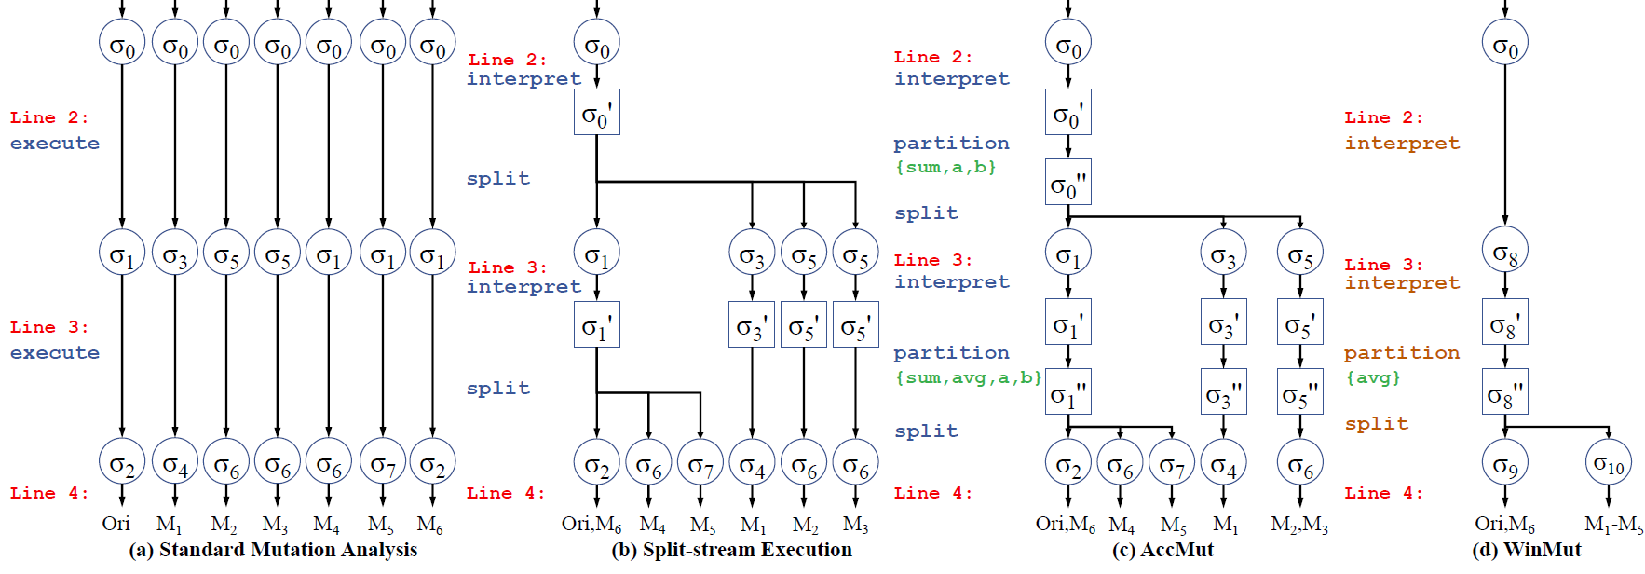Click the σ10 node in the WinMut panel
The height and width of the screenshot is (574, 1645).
tap(1608, 462)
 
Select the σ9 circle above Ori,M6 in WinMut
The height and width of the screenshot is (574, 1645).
tap(1505, 462)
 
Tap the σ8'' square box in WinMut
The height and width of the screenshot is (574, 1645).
tap(1505, 392)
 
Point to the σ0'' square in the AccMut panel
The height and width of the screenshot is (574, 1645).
tap(1068, 183)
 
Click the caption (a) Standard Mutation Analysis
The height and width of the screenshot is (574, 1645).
tap(273, 550)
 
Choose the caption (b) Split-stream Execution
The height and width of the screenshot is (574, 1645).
tap(731, 550)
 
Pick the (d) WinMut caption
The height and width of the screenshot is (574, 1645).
tap(1526, 550)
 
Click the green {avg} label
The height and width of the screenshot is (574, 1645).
tap(1373, 377)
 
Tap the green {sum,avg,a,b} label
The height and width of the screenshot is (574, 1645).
tap(968, 377)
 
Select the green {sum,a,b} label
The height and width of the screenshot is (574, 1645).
tap(945, 167)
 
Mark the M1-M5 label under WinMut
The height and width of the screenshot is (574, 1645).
tap(1613, 525)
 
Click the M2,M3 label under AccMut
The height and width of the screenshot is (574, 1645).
tap(1299, 525)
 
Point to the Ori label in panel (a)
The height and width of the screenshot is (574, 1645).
tap(116, 524)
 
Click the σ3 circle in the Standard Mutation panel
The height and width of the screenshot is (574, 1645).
tap(175, 253)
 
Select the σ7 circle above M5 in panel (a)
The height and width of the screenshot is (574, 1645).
tap(383, 462)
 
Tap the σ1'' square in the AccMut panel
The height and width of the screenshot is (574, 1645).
tap(1068, 392)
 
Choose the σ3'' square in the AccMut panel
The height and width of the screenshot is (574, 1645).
tap(1224, 392)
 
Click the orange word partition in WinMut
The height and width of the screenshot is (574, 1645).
tap(1401, 353)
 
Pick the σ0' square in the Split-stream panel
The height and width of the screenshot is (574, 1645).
tap(597, 113)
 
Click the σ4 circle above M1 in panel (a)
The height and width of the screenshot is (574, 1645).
tap(175, 462)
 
